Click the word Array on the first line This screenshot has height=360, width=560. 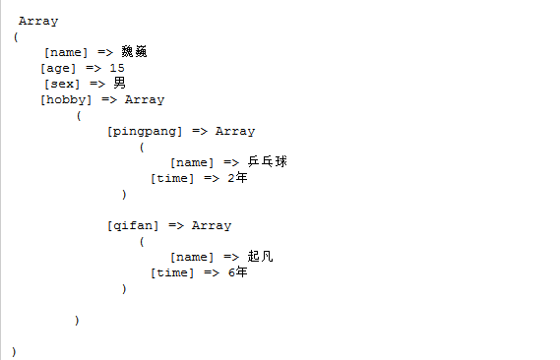[38, 22]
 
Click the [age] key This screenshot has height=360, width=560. [58, 68]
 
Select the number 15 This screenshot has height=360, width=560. [117, 68]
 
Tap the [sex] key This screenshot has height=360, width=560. [62, 84]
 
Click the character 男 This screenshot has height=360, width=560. [119, 84]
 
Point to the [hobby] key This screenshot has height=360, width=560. [66, 99]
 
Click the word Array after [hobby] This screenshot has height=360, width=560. [145, 100]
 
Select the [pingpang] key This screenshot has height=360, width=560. [145, 131]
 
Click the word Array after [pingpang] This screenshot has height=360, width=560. [235, 131]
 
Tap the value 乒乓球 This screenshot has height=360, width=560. [267, 161]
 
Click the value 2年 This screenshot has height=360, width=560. [237, 178]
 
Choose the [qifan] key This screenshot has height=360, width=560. [133, 226]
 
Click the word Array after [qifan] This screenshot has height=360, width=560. [212, 226]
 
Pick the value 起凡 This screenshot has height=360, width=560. [260, 256]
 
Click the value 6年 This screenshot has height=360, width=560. [237, 272]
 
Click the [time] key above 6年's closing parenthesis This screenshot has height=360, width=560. [172, 272]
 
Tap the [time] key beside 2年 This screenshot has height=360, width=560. [172, 178]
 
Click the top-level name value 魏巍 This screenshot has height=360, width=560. [134, 52]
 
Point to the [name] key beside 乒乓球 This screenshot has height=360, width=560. [192, 162]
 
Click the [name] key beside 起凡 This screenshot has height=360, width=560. [192, 258]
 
